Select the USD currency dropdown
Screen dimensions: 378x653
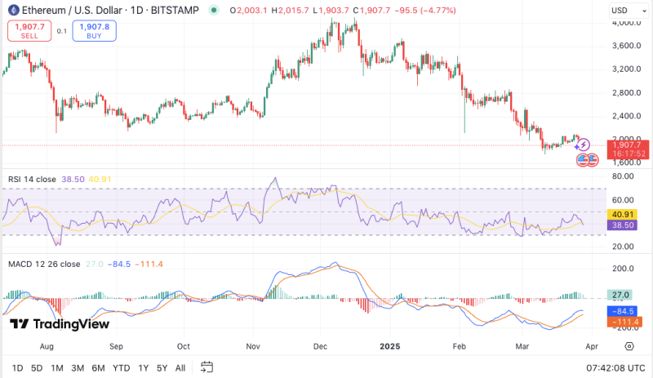coord(624,11)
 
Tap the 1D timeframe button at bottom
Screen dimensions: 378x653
coord(17,367)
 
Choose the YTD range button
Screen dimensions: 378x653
coord(121,367)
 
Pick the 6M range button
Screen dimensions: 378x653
coord(98,367)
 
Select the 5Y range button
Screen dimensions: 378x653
coord(163,367)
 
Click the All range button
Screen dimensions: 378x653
coord(180,367)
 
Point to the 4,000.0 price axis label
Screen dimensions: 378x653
coord(624,22)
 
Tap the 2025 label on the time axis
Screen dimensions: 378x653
coord(391,346)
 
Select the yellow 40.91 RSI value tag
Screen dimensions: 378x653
coord(624,215)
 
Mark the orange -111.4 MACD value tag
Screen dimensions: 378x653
coord(624,322)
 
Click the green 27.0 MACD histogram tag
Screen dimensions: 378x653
coord(624,295)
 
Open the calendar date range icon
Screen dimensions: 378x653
coord(207,367)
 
